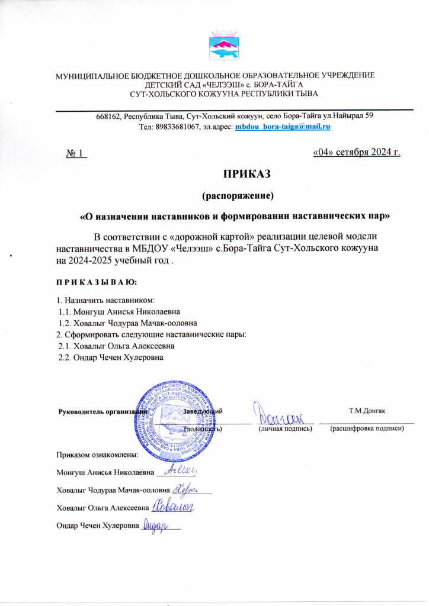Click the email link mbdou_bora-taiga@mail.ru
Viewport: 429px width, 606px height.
[x=283, y=127]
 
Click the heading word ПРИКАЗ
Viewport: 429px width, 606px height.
[x=246, y=175]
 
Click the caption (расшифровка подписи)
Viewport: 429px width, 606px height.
[x=367, y=428]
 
